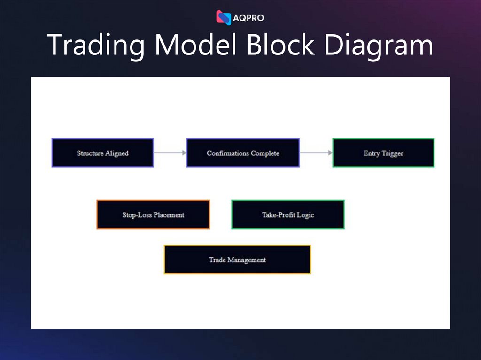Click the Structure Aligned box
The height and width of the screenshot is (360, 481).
(102, 153)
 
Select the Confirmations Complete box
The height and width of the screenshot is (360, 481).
(243, 153)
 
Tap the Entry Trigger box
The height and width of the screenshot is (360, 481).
(383, 153)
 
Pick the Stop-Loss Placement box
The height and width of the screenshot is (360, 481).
(153, 215)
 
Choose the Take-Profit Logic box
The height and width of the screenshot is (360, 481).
(287, 215)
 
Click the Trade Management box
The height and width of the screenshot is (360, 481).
(237, 260)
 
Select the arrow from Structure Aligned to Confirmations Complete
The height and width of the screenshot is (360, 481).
(170, 153)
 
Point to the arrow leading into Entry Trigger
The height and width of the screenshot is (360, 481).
(316, 153)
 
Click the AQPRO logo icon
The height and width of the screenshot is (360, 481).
(224, 17)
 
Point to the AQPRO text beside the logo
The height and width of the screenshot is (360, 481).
(248, 18)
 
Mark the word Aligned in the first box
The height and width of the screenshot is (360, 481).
(117, 153)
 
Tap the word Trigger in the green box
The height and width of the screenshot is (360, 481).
(393, 153)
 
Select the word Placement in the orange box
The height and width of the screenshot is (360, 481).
(169, 215)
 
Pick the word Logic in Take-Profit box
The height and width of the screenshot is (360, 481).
(305, 215)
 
